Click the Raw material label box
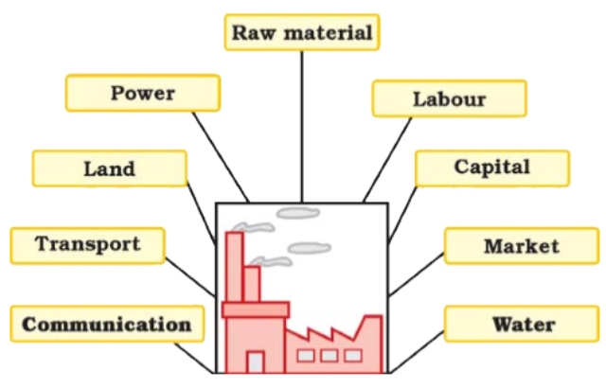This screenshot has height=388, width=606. [302, 33]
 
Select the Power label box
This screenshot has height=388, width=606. [143, 93]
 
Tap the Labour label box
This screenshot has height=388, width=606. [449, 98]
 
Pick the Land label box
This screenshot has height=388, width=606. [109, 168]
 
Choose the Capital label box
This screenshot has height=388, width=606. [492, 168]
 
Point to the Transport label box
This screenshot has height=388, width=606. [87, 244]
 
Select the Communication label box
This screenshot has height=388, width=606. [106, 325]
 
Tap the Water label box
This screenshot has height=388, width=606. [522, 325]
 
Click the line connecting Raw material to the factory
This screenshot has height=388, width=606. [302, 123]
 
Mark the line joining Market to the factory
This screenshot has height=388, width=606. [416, 274]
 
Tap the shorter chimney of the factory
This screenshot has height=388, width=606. [252, 284]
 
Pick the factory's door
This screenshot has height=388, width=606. [256, 362]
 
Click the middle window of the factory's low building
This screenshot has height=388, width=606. [330, 356]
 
